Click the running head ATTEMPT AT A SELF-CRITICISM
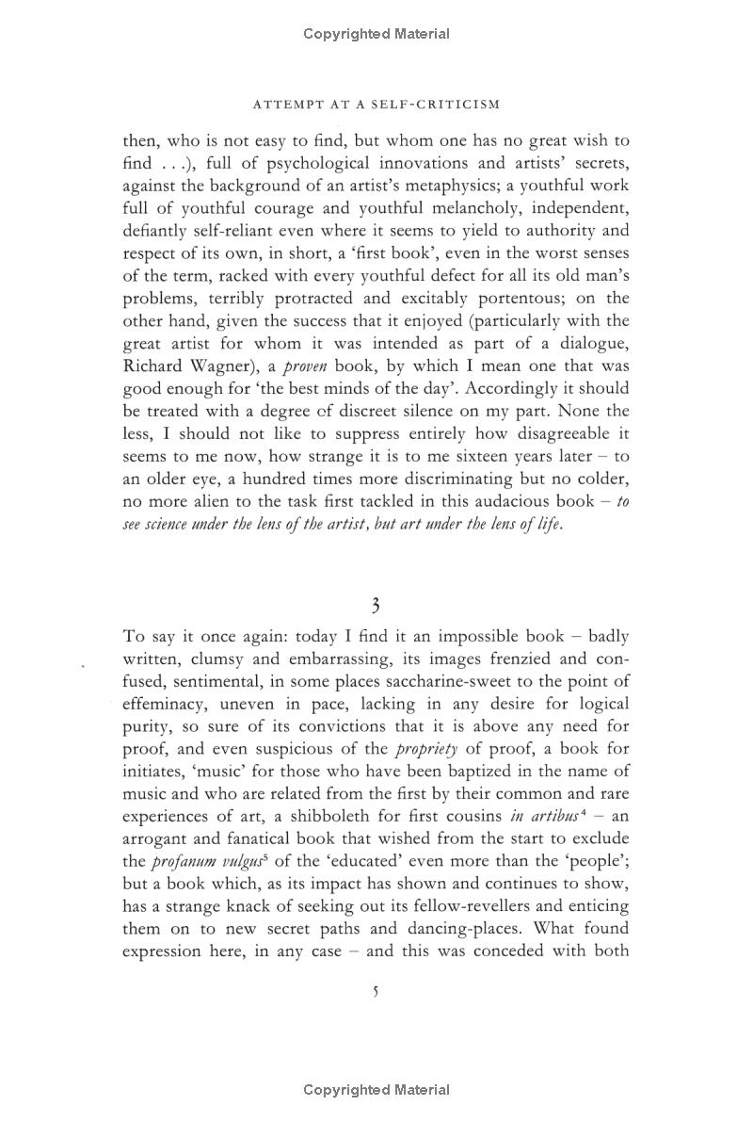point(376,104)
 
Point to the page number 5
point(376,991)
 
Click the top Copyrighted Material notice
point(376,34)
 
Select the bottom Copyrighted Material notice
point(376,1090)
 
